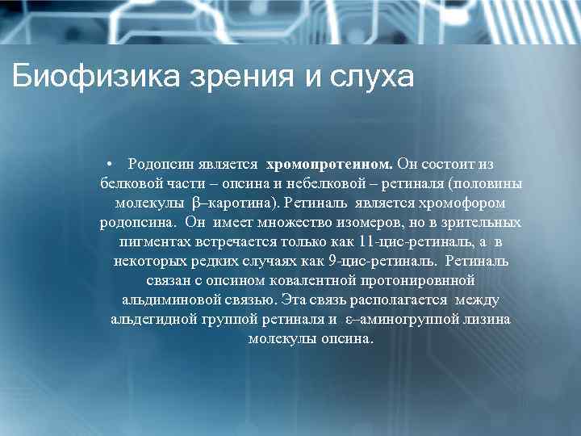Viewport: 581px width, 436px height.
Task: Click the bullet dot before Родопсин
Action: click(119, 164)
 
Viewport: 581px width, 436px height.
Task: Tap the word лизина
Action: click(487, 319)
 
